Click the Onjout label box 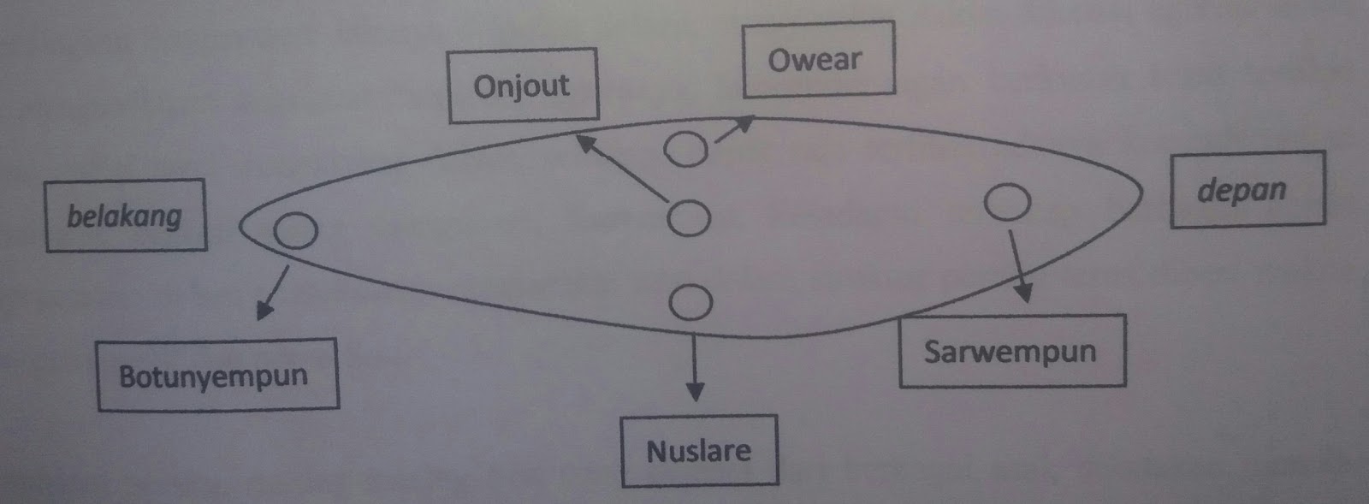click(522, 86)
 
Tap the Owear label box click(818, 59)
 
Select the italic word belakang click(125, 216)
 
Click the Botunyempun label click(216, 376)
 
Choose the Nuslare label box click(699, 451)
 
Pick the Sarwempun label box click(1011, 352)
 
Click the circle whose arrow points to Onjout click(688, 218)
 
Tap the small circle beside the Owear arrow click(685, 149)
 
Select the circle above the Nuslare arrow click(690, 302)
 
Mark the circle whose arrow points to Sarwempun click(1007, 202)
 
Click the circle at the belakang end click(296, 230)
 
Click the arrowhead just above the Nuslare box click(696, 393)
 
